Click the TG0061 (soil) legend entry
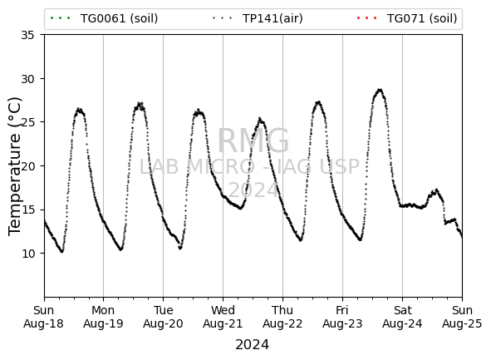[x=104, y=18]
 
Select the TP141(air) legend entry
[x=258, y=18]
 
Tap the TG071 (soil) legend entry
[x=407, y=18]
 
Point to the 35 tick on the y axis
[x=27, y=35]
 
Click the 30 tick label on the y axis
[x=27, y=79]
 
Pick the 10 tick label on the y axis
[x=27, y=254]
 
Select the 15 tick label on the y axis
[x=27, y=210]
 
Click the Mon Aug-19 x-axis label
[x=103, y=317]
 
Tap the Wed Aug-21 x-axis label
[x=223, y=317]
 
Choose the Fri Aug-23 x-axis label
[x=342, y=317]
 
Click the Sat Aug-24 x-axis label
[x=402, y=317]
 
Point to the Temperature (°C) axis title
[x=15, y=166]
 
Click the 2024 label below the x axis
[x=252, y=345]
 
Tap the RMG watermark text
[x=253, y=141]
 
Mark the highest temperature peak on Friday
[x=380, y=90]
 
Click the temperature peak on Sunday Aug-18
[x=79, y=109]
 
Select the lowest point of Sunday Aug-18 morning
[x=62, y=251]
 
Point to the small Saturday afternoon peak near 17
[x=436, y=190]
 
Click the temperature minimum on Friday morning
[x=361, y=239]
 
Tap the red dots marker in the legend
[x=367, y=18]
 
